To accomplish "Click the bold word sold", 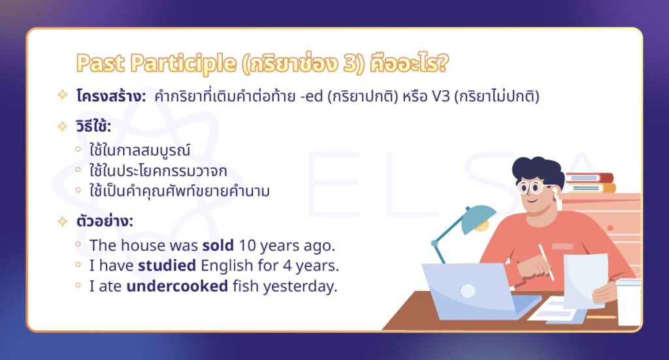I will coord(216,246).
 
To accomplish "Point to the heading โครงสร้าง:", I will coord(110,96).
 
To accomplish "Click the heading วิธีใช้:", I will coord(93,126).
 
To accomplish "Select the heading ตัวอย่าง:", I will coord(104,221).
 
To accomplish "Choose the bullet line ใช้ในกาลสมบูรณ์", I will coord(139,151).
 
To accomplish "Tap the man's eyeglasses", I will coord(534,188).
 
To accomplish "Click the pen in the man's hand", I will coord(546,261).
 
